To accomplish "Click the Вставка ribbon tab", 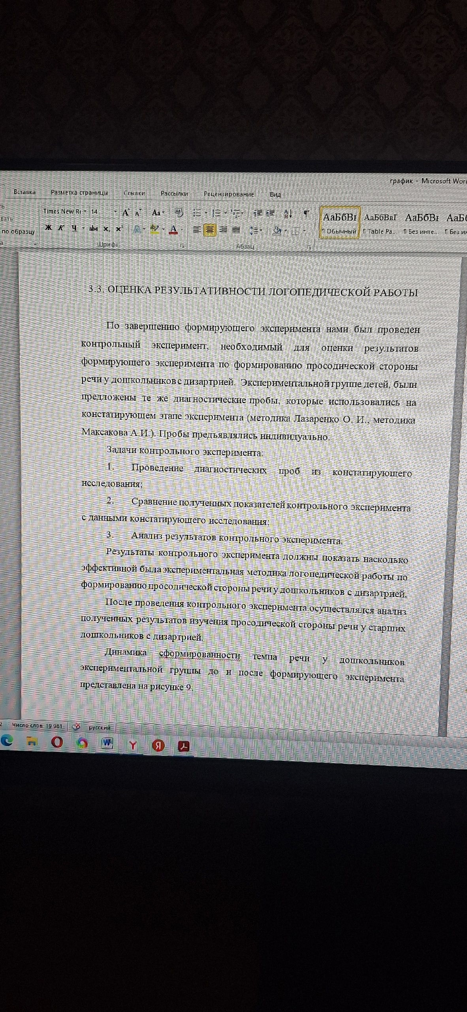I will (x=24, y=192).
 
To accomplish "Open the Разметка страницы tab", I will (x=79, y=193).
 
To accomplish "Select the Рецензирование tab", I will (x=229, y=194).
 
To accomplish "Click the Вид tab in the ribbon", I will (x=275, y=194).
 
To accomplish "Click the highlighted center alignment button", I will (x=209, y=230).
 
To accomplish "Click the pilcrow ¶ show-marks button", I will (x=306, y=214).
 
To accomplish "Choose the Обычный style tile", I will (x=339, y=223).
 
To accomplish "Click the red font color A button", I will (x=173, y=229).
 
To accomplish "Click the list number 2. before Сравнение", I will (x=110, y=500).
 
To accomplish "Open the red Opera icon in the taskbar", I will (x=57, y=742).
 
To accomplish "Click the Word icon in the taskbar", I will (x=107, y=743).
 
